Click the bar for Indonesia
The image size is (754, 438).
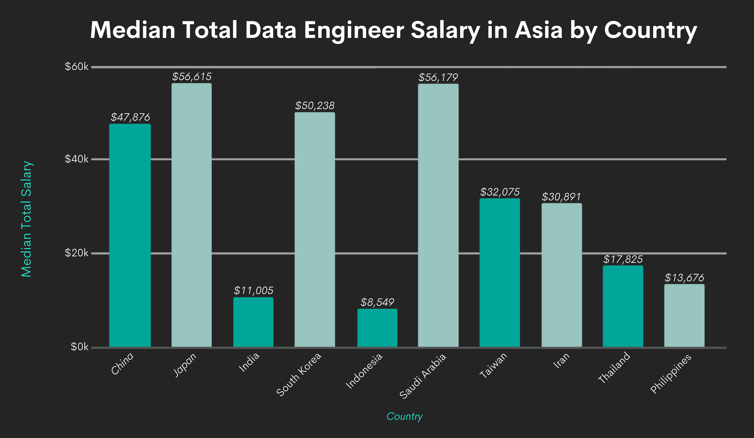click(377, 328)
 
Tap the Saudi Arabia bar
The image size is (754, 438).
click(438, 215)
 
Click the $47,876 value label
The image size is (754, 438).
click(130, 117)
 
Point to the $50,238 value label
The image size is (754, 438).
click(315, 105)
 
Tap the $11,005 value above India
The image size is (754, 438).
click(253, 290)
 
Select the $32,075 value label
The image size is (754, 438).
click(500, 192)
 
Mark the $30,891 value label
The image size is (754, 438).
click(561, 197)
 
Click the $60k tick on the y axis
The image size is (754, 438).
click(77, 67)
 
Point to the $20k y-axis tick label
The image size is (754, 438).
click(77, 253)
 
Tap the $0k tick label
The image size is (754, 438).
click(79, 347)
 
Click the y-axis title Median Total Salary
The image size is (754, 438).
click(27, 219)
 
